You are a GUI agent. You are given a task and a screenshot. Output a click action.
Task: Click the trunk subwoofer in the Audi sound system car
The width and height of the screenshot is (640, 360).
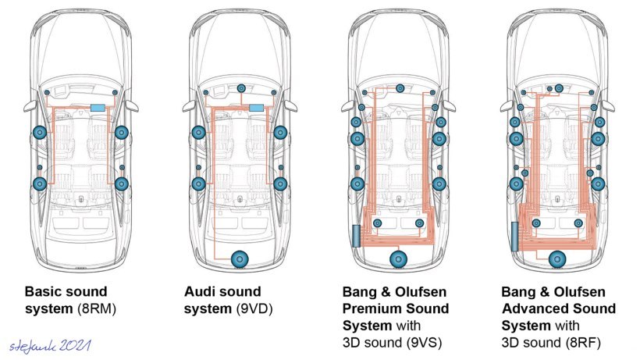click(240, 257)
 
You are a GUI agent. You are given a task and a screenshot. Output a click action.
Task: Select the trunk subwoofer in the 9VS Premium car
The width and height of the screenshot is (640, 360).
click(399, 258)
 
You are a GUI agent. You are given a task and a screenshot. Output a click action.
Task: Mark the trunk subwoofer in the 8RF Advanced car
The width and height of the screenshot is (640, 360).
click(556, 258)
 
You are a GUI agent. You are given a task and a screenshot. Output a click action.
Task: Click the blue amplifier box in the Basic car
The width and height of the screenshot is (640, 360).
click(98, 107)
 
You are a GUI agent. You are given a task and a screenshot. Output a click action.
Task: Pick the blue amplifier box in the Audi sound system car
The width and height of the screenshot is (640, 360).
click(256, 107)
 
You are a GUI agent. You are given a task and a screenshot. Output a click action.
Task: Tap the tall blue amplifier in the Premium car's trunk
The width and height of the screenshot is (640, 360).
click(357, 235)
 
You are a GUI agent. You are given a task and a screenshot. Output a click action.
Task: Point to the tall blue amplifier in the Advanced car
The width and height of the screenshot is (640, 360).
click(515, 235)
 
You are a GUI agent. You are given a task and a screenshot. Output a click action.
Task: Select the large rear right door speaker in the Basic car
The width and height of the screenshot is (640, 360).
click(122, 184)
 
